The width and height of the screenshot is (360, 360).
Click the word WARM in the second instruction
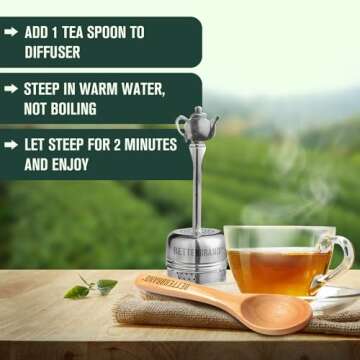pyautogui.click(x=104, y=88)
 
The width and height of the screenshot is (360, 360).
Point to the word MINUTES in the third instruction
pyautogui.click(x=143, y=145)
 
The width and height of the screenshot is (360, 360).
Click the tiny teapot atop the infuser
pyautogui.click(x=196, y=124)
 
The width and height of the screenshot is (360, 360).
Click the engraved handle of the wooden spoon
pyautogui.click(x=170, y=288)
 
